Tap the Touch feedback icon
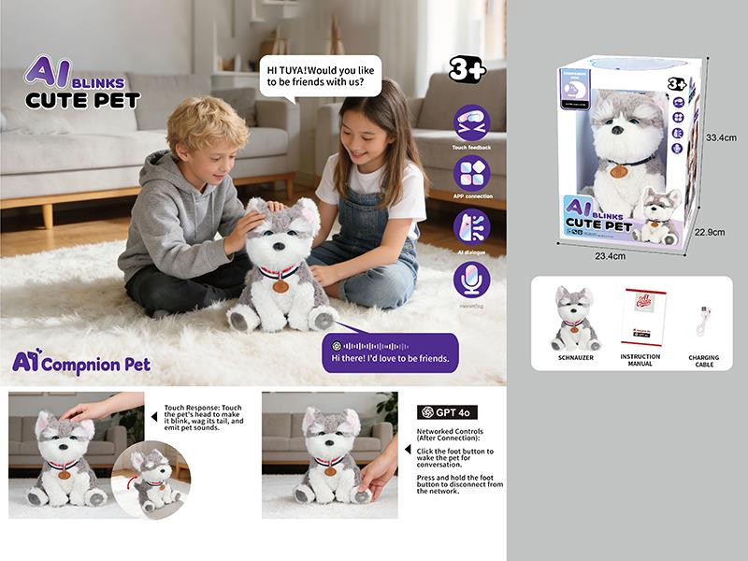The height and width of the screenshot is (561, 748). tap(472, 122)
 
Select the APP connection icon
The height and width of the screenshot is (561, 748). tap(472, 174)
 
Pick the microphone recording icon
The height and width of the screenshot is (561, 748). tap(472, 280)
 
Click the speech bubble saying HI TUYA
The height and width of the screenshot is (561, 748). tap(320, 76)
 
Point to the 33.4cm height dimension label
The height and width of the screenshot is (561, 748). tap(721, 137)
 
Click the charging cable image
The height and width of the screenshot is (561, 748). tap(702, 321)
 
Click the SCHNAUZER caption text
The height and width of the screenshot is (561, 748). tap(577, 358)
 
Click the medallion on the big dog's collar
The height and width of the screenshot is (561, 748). tap(280, 286)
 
